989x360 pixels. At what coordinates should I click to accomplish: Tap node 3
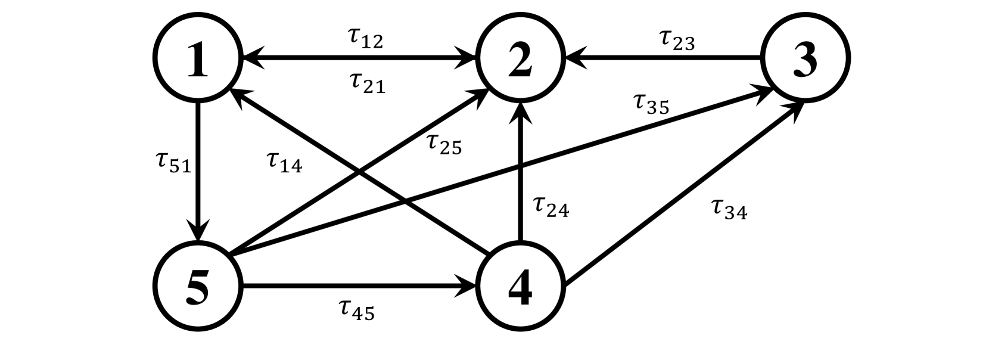[805, 59]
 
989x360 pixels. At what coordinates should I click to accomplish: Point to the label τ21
[367, 83]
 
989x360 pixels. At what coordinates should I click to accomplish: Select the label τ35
[651, 104]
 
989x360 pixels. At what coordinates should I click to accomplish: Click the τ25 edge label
[444, 144]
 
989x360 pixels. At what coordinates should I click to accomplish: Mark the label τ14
[284, 162]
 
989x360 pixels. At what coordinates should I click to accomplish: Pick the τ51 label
[173, 162]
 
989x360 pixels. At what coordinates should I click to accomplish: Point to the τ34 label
[729, 209]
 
